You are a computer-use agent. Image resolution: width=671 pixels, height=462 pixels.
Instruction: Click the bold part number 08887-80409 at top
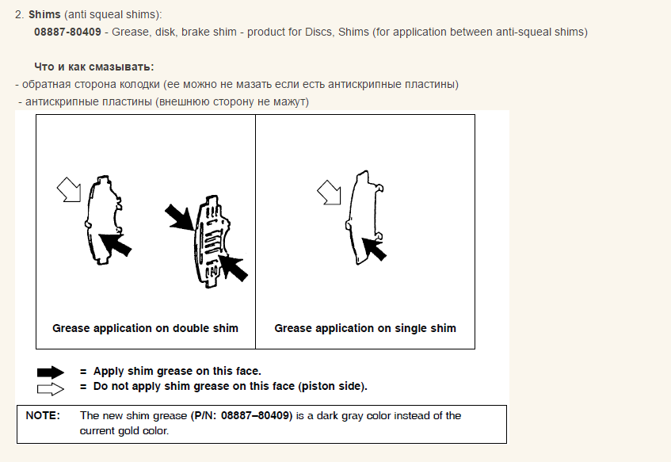click(x=67, y=32)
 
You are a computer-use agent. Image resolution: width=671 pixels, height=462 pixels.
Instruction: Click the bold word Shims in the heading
click(x=44, y=14)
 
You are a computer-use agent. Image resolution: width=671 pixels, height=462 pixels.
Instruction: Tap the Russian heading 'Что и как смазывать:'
click(x=94, y=67)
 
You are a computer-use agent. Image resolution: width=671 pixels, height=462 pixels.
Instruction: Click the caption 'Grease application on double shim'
click(x=145, y=328)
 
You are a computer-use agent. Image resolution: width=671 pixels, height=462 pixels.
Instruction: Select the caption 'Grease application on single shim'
click(x=365, y=328)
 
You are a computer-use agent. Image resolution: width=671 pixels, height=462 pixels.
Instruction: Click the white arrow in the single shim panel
click(x=330, y=193)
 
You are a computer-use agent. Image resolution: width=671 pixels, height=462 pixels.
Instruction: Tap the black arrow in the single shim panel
click(x=375, y=248)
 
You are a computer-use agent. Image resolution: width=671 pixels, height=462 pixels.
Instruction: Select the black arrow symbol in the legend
click(x=51, y=372)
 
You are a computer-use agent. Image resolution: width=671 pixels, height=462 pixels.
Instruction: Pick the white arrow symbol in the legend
click(x=51, y=389)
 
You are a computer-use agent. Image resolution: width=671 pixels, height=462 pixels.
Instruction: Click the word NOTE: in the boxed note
click(x=43, y=416)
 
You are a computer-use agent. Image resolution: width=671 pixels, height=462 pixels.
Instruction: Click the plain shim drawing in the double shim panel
click(x=105, y=220)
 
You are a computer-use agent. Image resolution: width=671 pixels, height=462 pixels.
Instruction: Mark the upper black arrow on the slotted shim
click(x=180, y=217)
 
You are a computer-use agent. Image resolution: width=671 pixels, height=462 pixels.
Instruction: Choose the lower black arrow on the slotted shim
click(x=233, y=268)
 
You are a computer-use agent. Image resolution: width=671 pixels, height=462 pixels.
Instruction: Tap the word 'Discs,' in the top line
click(x=320, y=32)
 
